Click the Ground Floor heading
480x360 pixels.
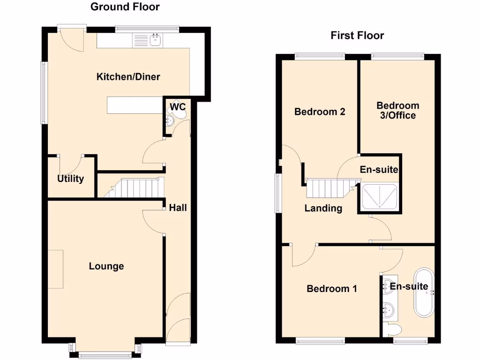(125, 7)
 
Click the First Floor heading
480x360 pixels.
(357, 35)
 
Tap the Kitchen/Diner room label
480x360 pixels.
(128, 76)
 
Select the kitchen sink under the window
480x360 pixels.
(155, 40)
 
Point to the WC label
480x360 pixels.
(178, 107)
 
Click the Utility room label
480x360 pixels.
(70, 179)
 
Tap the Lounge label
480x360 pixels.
(106, 266)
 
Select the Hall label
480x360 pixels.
(178, 207)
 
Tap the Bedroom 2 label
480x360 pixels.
(320, 112)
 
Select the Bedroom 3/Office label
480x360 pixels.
(397, 110)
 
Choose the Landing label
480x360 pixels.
(323, 208)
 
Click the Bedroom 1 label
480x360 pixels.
(331, 288)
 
